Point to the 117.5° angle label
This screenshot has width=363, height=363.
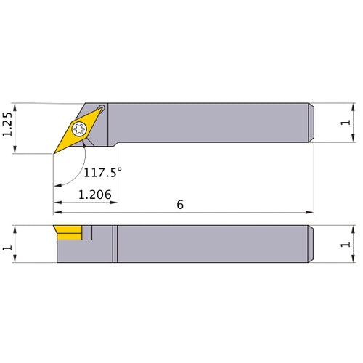click(102, 173)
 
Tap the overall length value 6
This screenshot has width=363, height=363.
click(179, 205)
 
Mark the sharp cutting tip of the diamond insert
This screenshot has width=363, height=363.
click(54, 153)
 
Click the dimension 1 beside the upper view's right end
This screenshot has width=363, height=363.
click(345, 122)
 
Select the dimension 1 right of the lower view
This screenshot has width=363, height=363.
click(345, 245)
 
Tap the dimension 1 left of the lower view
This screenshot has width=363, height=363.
click(7, 247)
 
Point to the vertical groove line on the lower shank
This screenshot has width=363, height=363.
click(114, 245)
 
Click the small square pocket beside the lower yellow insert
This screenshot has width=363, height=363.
click(87, 232)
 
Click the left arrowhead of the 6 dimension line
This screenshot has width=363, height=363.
click(57, 213)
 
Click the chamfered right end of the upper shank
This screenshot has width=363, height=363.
click(312, 122)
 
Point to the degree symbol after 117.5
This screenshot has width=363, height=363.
click(119, 170)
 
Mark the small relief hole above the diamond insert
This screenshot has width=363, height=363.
click(101, 110)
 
